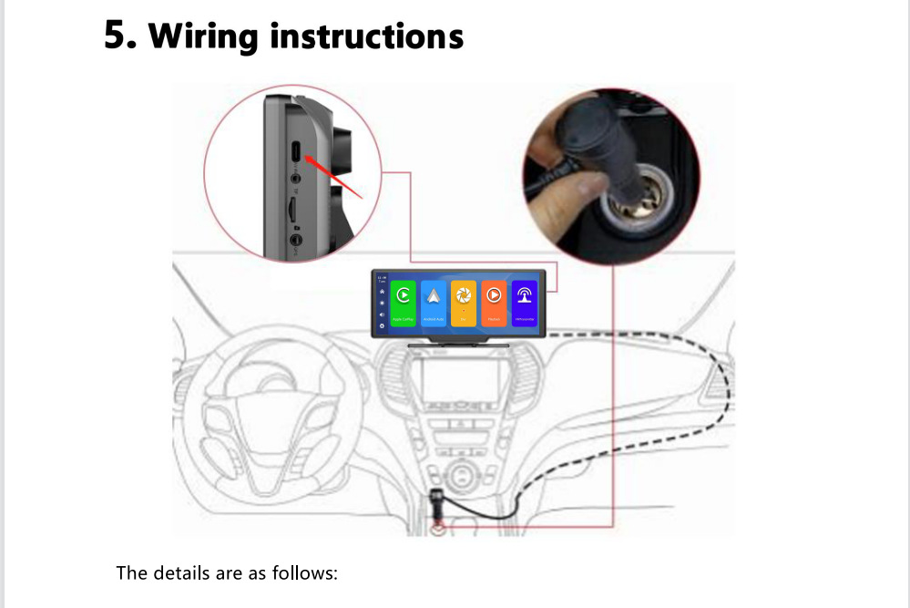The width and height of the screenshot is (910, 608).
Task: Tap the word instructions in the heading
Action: point(367,36)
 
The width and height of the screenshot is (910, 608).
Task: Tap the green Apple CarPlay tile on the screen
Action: point(404,302)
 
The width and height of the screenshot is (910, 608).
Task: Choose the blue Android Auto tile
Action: point(434,302)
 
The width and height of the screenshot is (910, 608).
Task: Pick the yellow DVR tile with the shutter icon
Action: point(464,302)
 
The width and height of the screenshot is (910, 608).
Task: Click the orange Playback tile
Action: point(494,302)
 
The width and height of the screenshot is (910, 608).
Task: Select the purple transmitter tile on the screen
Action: point(524,302)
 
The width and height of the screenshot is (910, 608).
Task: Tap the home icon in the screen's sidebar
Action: point(382,292)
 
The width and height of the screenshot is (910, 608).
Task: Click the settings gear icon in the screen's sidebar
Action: point(382,325)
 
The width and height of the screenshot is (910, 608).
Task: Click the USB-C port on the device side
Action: point(297,149)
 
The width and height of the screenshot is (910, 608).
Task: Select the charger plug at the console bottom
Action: point(438,507)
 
